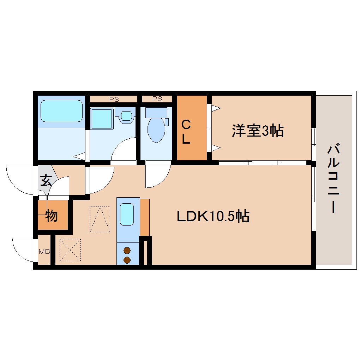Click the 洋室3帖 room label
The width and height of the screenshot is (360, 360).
tap(258, 131)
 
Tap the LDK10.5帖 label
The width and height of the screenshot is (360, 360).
tap(213, 216)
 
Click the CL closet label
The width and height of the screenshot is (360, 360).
tap(186, 132)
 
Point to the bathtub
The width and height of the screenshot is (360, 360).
tap(61, 110)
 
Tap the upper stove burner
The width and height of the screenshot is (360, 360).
tap(127, 251)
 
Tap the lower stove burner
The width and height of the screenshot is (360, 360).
tap(127, 260)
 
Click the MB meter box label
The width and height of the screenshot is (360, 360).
tap(44, 252)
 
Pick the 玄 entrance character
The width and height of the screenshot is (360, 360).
tap(46, 181)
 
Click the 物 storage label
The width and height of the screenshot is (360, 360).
tap(52, 215)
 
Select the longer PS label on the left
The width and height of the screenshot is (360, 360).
tap(114, 99)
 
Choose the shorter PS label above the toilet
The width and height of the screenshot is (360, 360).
tap(157, 99)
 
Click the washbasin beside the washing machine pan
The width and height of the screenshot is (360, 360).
tap(126, 115)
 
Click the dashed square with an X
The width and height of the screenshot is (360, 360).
tap(70, 250)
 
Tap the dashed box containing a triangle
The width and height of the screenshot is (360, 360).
tap(100, 219)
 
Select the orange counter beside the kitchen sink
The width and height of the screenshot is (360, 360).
tap(145, 217)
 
